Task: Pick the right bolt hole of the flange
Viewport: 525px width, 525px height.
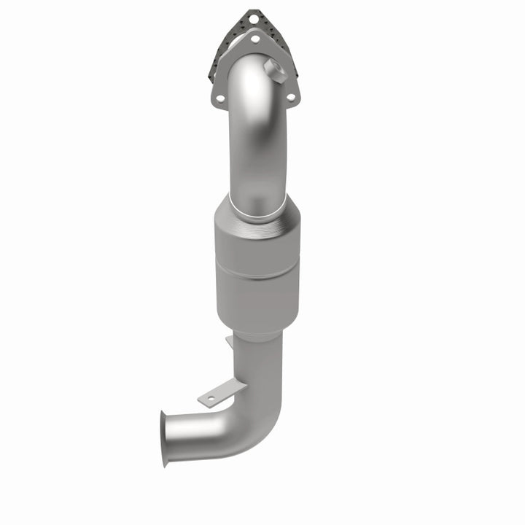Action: point(291,97)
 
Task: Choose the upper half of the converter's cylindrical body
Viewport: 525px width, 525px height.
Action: point(256,248)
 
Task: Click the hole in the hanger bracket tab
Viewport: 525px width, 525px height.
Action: point(211,398)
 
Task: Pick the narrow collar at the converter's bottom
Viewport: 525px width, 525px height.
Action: point(257,332)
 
